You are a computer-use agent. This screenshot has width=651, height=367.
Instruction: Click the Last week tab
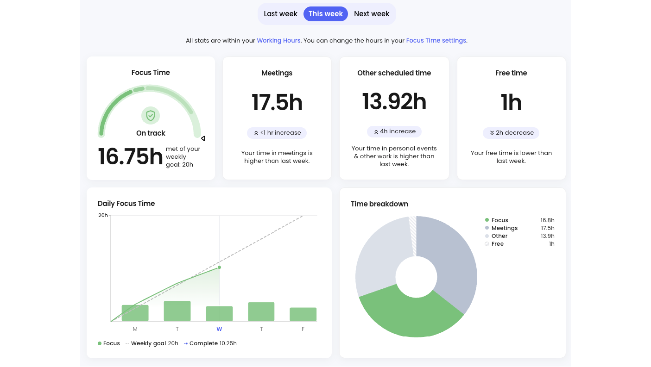coord(280,13)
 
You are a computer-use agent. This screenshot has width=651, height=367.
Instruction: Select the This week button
coord(325,13)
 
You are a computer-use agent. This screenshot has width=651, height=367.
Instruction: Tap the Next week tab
coord(372,13)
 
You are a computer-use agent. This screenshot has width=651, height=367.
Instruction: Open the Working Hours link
coord(278,40)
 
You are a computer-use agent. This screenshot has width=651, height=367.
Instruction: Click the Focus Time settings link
coord(436,40)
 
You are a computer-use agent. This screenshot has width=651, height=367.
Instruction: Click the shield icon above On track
coord(151,116)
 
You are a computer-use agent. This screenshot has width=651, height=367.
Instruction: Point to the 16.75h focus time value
coord(130,157)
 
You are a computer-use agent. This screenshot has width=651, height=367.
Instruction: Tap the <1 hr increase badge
coord(277,133)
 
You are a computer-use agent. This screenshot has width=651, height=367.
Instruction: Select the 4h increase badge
coord(394,131)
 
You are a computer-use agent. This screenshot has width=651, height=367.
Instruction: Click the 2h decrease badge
coord(511,133)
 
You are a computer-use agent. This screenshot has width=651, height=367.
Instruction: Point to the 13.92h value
coord(394,102)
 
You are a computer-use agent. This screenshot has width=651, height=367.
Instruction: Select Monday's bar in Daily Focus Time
coord(135,313)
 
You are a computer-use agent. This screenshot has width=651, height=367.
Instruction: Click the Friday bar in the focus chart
coord(303,314)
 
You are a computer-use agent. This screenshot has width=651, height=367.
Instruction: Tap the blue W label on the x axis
coord(219,329)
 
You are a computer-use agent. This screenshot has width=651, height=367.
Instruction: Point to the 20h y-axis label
coord(103,216)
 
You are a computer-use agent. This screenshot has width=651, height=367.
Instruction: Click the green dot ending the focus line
coord(220,267)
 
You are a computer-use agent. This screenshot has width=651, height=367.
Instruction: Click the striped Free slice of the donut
coord(413,235)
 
